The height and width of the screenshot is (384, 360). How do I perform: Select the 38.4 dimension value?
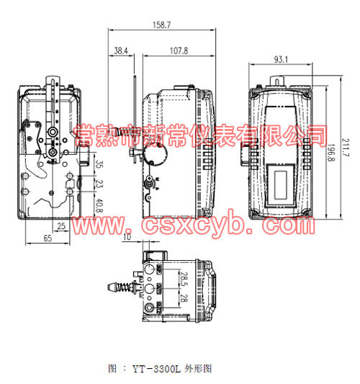(x=121, y=51)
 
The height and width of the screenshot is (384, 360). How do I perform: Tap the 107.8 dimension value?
(x=179, y=51)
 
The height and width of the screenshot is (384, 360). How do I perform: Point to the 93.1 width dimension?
(x=281, y=59)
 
